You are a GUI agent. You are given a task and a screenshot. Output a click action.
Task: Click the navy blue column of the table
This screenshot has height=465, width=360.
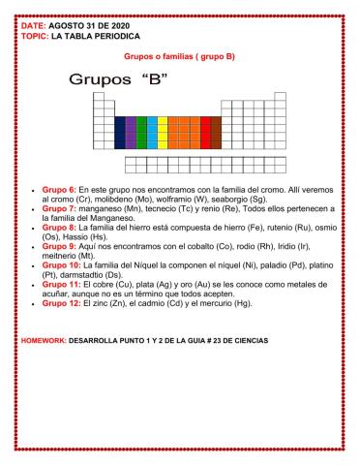pyautogui.click(x=119, y=133)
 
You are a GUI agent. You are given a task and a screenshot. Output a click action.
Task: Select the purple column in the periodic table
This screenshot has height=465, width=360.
pyautogui.click(x=130, y=133)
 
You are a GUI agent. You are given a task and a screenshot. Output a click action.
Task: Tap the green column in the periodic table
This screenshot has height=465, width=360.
pyautogui.click(x=141, y=133)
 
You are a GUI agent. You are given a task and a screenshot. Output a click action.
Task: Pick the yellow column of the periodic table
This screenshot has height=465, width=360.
pyautogui.click(x=163, y=133)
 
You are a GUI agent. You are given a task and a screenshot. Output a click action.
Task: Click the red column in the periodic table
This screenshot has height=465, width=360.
pyautogui.click(x=204, y=133)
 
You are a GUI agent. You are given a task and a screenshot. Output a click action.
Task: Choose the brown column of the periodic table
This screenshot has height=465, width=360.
pyautogui.click(x=215, y=133)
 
